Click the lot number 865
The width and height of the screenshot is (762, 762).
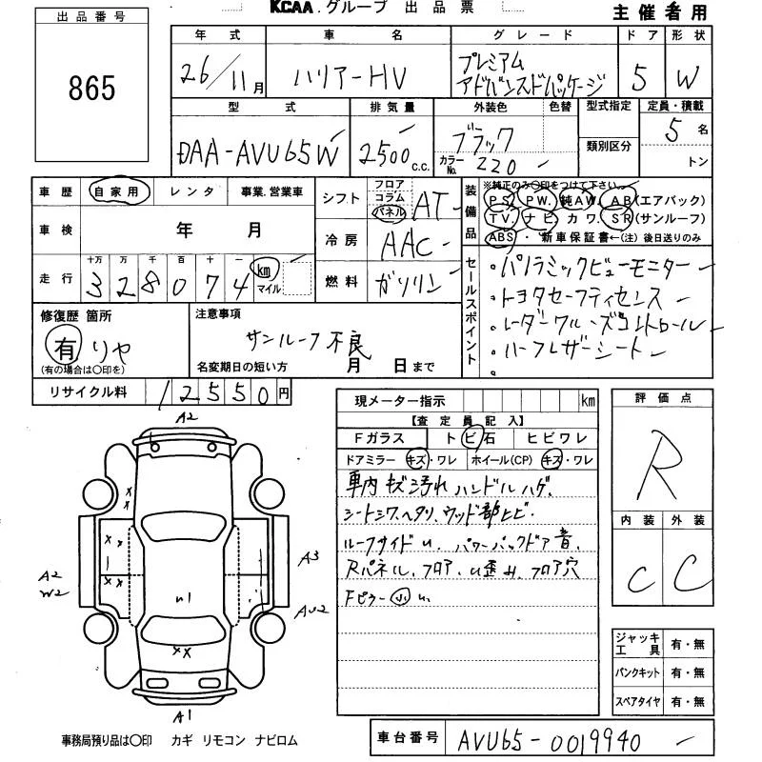[x=92, y=89]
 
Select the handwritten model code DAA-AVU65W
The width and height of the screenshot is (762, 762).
[x=258, y=151]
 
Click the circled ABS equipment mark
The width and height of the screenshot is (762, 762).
[x=500, y=237]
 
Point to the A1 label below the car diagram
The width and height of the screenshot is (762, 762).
[x=184, y=714]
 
